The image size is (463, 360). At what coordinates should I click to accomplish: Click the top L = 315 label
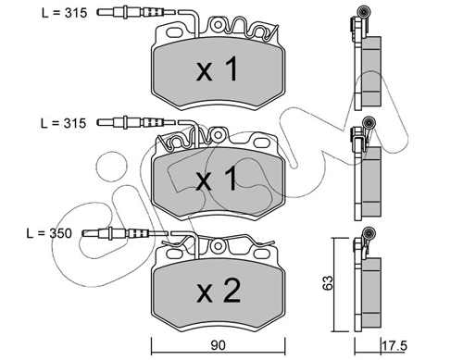(65, 13)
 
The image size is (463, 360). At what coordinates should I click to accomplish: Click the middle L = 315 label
(63, 123)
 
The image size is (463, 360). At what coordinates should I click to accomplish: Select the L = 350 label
(49, 233)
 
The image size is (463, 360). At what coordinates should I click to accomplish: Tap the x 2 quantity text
(219, 291)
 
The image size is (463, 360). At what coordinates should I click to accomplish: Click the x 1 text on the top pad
(218, 69)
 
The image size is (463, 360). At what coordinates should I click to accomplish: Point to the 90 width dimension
(219, 345)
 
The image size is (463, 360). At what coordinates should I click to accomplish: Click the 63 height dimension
(328, 282)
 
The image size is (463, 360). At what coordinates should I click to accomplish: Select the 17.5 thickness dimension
(394, 345)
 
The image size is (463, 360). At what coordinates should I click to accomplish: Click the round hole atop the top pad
(218, 25)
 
